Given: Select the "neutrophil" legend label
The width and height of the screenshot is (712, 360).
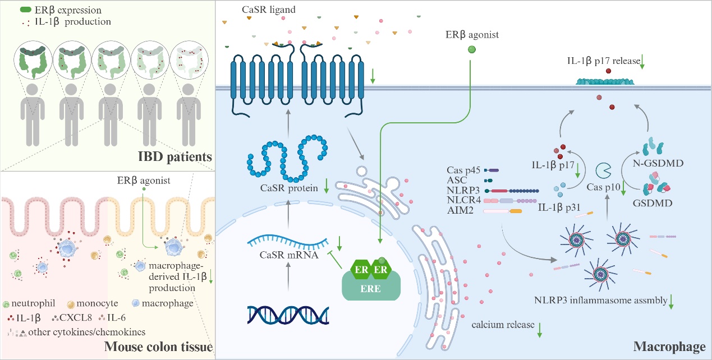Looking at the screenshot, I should [33, 303].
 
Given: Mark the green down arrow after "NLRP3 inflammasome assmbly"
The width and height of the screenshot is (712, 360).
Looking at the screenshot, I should [672, 301].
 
